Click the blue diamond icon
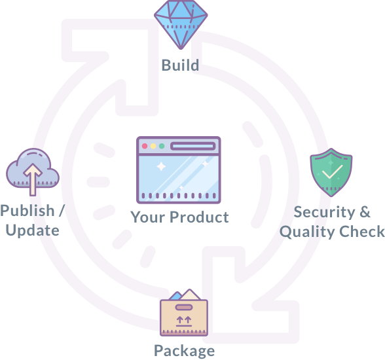[181, 24]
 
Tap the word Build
[180, 65]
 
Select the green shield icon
[331, 172]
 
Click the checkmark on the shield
[332, 171]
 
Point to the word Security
[324, 212]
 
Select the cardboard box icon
[184, 313]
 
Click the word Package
[185, 351]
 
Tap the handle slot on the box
[184, 307]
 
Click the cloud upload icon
[33, 172]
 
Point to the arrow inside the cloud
[33, 179]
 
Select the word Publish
[27, 211]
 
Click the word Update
[33, 230]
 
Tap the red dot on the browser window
[145, 146]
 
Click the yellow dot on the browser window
[153, 146]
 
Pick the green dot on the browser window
[162, 146]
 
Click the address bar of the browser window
[193, 146]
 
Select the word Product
[199, 217]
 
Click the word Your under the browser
[149, 217]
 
